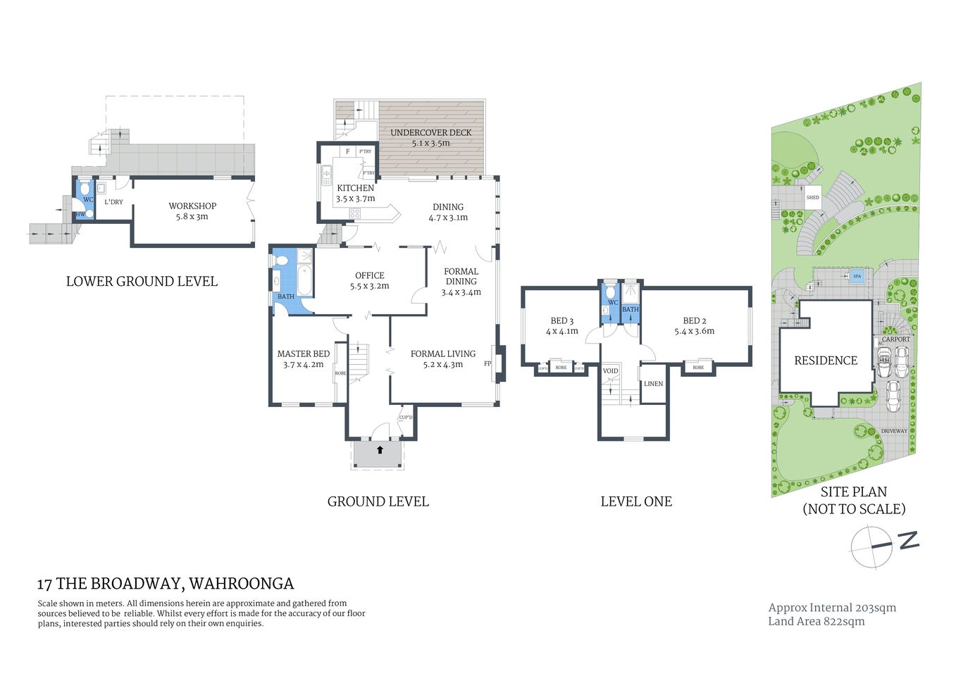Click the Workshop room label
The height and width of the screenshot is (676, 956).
[x=192, y=206]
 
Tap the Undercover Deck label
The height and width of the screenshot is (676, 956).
[x=430, y=132]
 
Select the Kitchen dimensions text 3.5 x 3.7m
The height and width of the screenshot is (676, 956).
[x=355, y=199]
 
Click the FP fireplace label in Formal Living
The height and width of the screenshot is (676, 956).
[x=487, y=364]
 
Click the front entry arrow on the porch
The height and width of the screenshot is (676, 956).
[x=380, y=449]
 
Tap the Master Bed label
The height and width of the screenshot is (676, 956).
[x=303, y=353]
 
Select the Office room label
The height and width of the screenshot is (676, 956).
[x=369, y=275]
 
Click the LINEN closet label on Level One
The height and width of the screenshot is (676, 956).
[x=653, y=384]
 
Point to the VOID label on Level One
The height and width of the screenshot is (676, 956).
[x=610, y=371]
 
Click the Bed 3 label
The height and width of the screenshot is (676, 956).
[x=561, y=320]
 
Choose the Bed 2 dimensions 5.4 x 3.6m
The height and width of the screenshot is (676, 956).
[x=694, y=331]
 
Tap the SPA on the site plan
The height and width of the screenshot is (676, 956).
[x=857, y=276]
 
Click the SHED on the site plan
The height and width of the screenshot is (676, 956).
[x=812, y=198]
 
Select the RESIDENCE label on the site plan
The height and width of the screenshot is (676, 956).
[x=825, y=361]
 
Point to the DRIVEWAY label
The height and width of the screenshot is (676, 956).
[x=894, y=431]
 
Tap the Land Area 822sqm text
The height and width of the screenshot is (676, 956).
[x=816, y=621]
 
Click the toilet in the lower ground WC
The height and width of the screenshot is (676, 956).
[x=85, y=189]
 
